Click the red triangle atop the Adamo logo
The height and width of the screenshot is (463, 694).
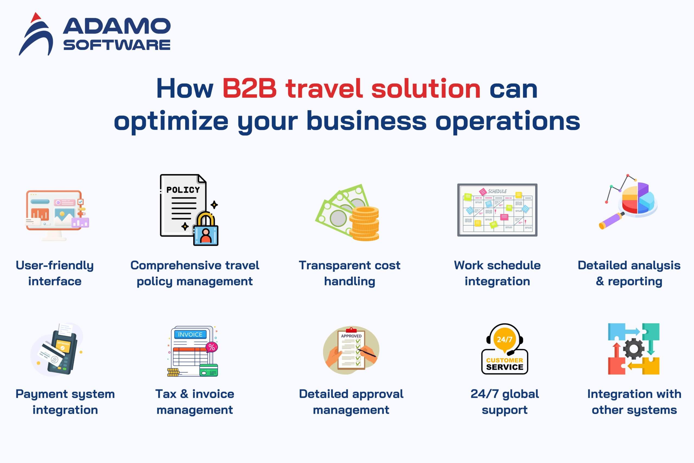click(x=36, y=17)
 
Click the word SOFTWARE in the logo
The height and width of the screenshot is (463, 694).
click(x=117, y=45)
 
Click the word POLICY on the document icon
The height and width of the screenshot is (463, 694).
click(x=183, y=190)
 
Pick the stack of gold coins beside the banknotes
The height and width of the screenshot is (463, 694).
click(x=364, y=223)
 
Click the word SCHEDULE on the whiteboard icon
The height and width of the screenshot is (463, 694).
click(x=497, y=191)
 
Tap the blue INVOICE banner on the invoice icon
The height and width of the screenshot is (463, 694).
click(x=190, y=334)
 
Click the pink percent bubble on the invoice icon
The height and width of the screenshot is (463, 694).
click(x=211, y=347)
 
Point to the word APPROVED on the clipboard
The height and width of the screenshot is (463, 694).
click(x=351, y=336)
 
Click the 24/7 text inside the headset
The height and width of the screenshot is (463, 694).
click(x=504, y=339)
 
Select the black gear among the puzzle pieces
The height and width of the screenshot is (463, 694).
click(x=634, y=349)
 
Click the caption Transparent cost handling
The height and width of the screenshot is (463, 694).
click(x=350, y=273)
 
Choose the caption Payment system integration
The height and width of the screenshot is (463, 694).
click(x=65, y=402)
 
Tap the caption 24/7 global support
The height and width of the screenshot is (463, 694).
click(x=505, y=402)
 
